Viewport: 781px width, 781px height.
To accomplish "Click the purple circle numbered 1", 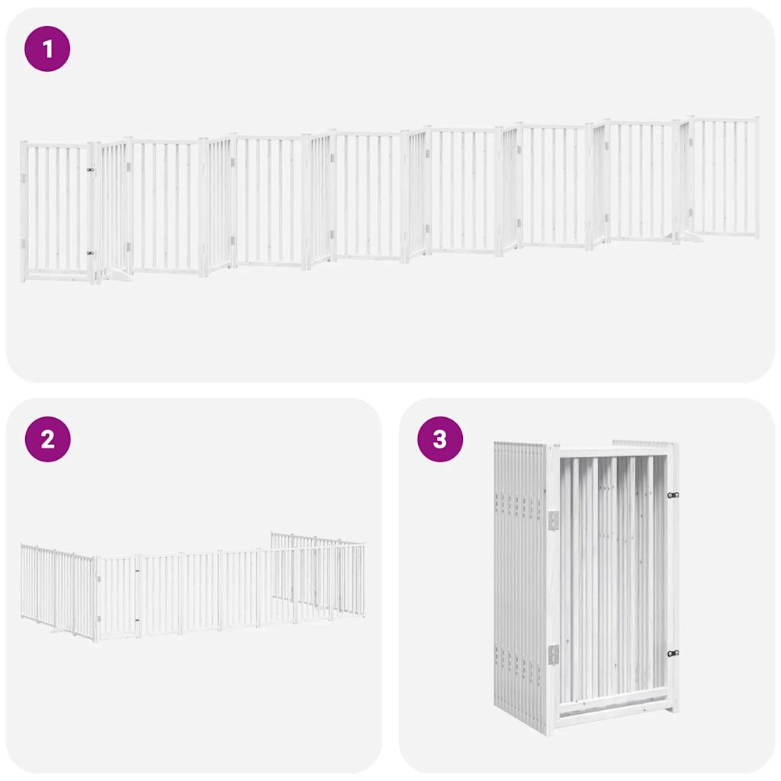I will click(48, 50).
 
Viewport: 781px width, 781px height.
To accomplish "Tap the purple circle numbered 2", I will click(48, 439).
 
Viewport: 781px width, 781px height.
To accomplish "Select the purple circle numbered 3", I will click(440, 439).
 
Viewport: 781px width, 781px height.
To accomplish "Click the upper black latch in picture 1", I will click(90, 170).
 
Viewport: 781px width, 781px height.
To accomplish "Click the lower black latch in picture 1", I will click(90, 252).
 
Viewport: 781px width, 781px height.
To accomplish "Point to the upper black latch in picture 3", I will click(672, 495).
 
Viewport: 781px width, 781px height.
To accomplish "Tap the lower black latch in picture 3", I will click(672, 653).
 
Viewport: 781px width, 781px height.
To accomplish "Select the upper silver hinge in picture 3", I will click(554, 519).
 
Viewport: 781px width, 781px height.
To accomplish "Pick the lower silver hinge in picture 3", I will click(554, 654).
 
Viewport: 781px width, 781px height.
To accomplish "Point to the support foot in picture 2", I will click(60, 630).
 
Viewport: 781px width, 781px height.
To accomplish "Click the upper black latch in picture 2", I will click(138, 570).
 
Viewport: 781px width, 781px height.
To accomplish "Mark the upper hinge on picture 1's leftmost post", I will click(24, 178).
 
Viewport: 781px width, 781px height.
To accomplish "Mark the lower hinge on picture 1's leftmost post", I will click(24, 244).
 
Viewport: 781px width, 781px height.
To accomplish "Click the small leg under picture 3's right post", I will click(671, 709).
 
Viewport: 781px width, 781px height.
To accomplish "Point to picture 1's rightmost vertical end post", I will click(757, 178).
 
